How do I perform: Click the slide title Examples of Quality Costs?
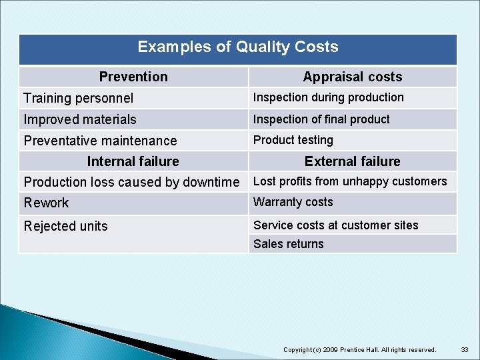[237, 47]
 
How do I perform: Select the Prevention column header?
[133, 77]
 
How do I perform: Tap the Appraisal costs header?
[352, 77]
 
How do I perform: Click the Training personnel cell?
[79, 98]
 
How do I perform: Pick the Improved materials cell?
[80, 119]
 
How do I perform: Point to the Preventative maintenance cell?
[100, 141]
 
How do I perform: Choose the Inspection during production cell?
[328, 97]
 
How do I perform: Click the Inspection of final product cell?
[321, 119]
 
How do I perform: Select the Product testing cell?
[293, 140]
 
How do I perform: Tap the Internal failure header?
[133, 161]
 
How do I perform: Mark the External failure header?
[352, 161]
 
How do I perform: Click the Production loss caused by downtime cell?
[131, 182]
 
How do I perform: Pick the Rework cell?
[47, 203]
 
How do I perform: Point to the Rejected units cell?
[65, 226]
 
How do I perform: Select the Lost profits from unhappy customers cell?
[350, 181]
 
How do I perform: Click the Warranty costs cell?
[293, 202]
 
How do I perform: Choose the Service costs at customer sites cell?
[336, 225]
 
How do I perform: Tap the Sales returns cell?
[288, 244]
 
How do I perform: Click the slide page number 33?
[464, 349]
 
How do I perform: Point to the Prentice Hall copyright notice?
[360, 349]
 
